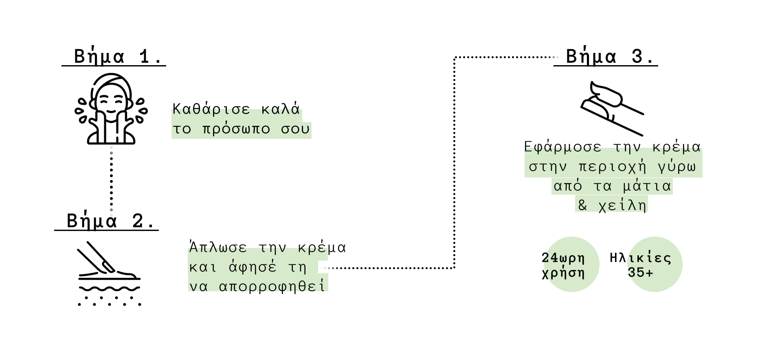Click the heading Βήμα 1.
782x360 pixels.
(118, 56)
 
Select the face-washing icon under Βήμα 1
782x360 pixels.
(111, 109)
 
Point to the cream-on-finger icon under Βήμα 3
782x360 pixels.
(613, 108)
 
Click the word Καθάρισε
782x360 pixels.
(211, 109)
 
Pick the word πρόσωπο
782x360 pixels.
(236, 129)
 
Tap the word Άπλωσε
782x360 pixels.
(218, 247)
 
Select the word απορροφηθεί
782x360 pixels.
(272, 286)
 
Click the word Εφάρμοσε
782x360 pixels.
(562, 147)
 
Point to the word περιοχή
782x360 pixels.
(612, 167)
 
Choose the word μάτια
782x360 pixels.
(647, 186)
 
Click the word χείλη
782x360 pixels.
(622, 205)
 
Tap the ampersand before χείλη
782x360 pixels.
(583, 205)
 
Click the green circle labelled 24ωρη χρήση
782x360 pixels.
(571, 264)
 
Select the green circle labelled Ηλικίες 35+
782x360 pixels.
(655, 264)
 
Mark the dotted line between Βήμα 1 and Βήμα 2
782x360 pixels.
(111, 179)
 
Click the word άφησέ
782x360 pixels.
(253, 267)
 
